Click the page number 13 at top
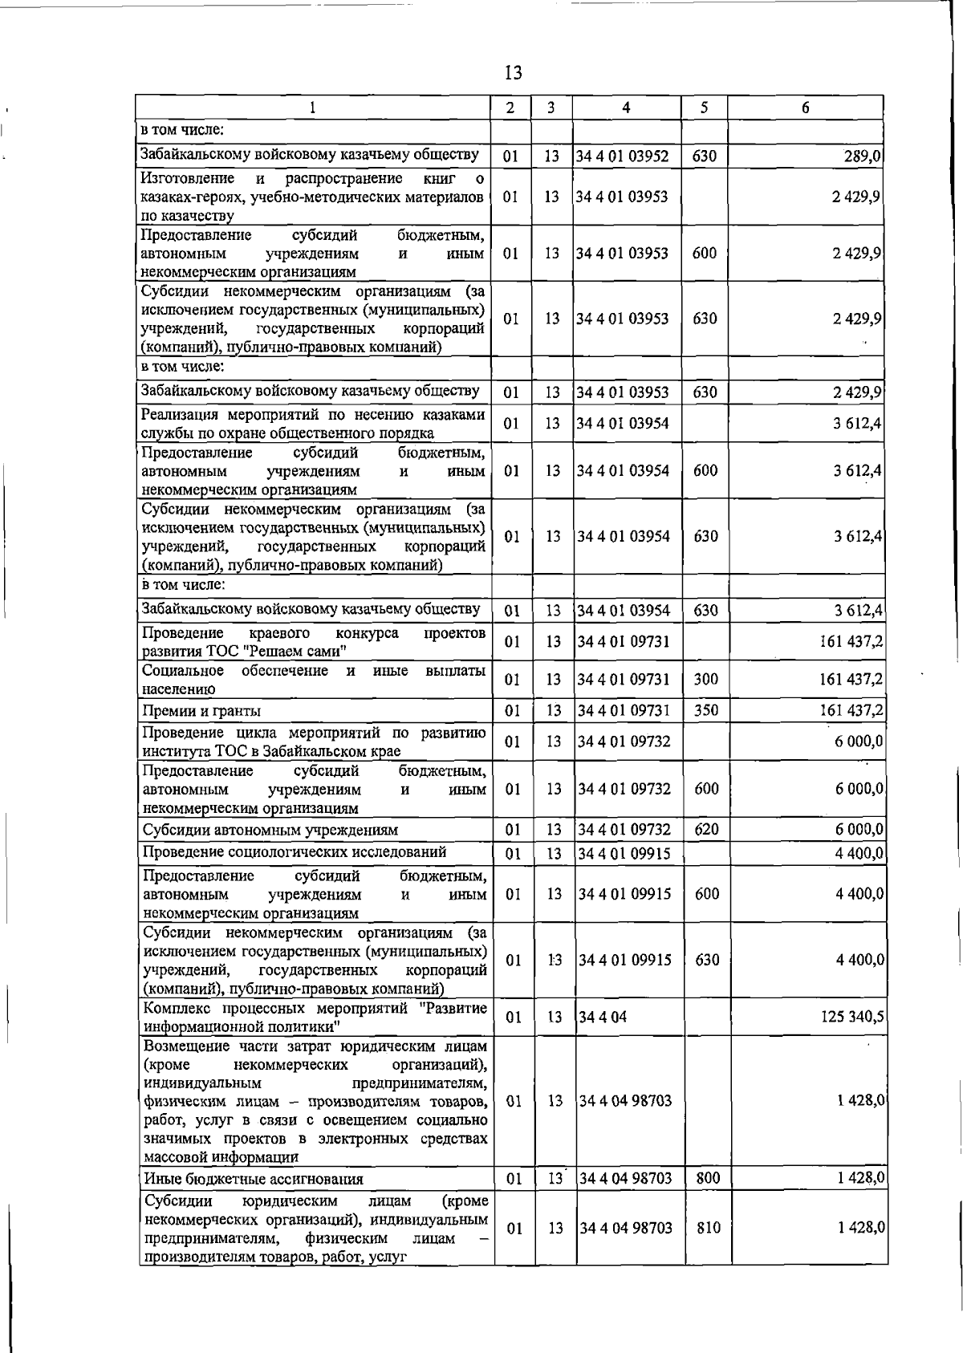point(514,73)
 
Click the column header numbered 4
point(626,108)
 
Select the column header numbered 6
point(805,108)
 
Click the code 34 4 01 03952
point(623,156)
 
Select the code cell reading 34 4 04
point(602,1018)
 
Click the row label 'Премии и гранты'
point(201,711)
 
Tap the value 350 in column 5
point(705,710)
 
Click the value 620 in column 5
point(706,829)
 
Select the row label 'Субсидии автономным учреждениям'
point(270,830)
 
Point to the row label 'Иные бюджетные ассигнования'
point(253,1179)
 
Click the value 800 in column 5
point(708,1178)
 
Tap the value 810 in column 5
point(708,1228)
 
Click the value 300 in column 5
point(705,680)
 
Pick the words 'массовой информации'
point(221,1157)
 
